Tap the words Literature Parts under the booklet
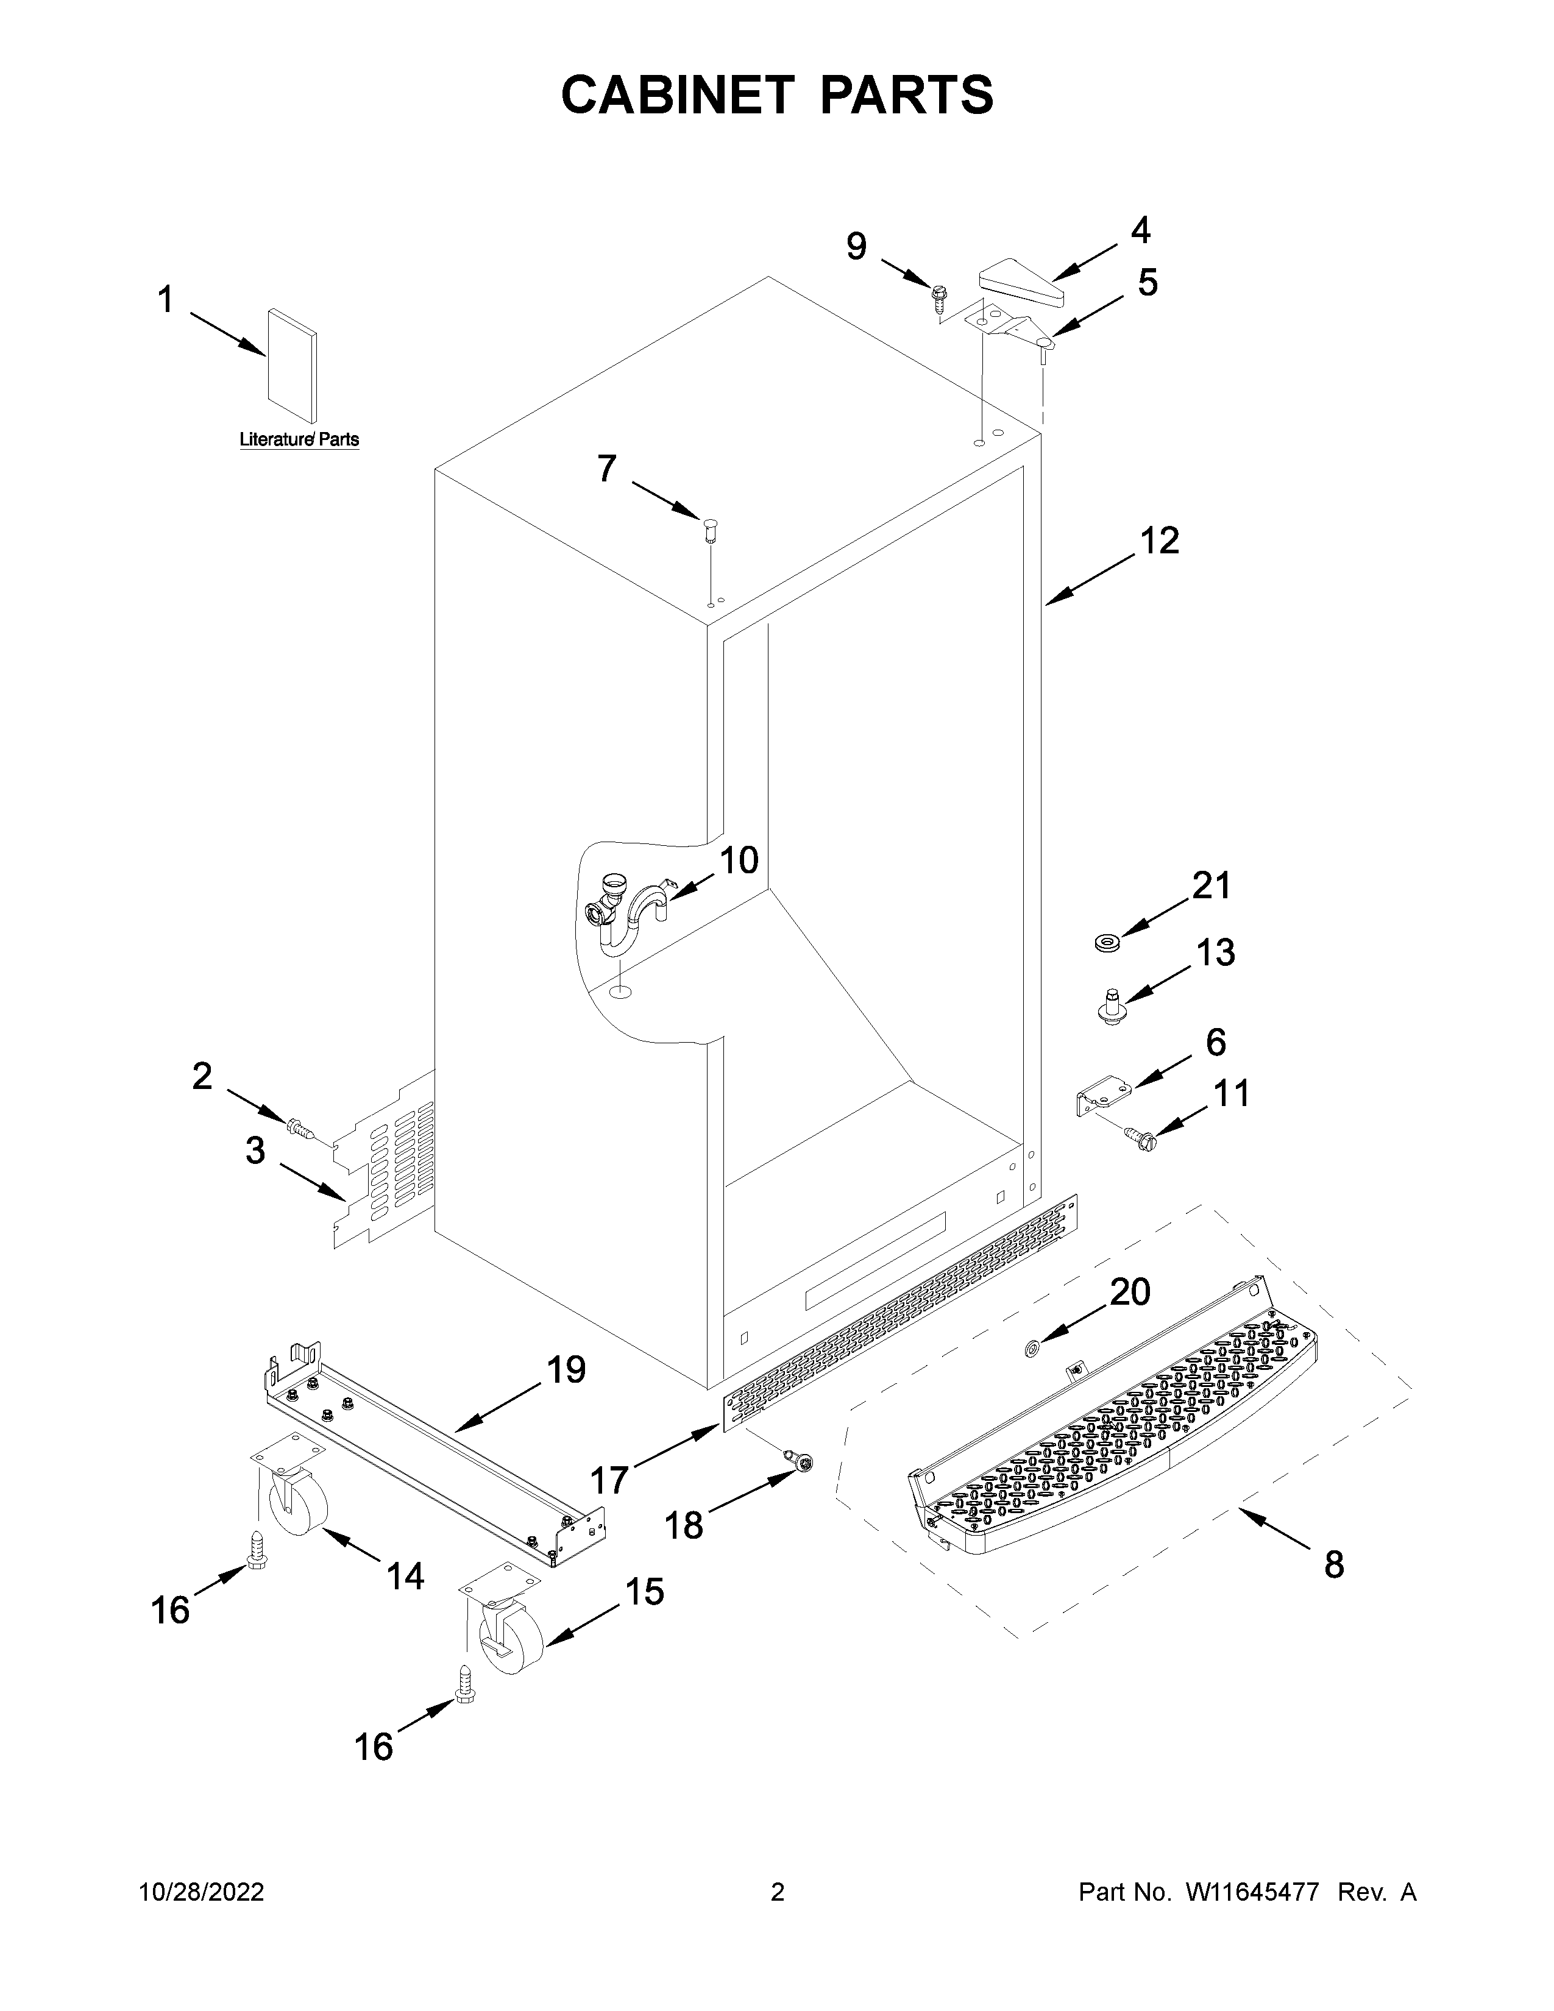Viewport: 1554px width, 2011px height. (x=299, y=440)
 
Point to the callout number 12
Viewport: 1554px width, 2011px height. (x=1159, y=541)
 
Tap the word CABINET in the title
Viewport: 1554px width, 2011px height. (x=676, y=95)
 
